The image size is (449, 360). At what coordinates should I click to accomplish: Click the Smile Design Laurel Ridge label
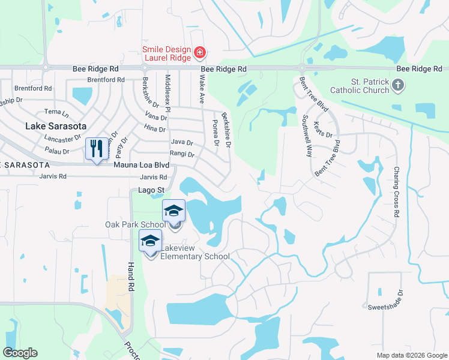pyautogui.click(x=166, y=54)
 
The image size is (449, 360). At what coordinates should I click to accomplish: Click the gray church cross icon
pyautogui.click(x=398, y=86)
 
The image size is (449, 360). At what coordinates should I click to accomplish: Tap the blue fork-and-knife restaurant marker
pyautogui.click(x=96, y=148)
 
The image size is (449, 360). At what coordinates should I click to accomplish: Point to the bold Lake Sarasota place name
pyautogui.click(x=56, y=127)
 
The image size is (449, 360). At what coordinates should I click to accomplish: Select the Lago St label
pyautogui.click(x=146, y=190)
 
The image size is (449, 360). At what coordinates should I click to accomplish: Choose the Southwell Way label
pyautogui.click(x=307, y=136)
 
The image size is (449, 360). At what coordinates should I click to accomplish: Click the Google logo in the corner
pyautogui.click(x=20, y=353)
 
